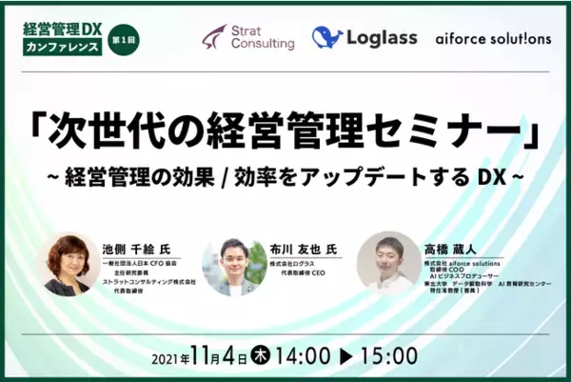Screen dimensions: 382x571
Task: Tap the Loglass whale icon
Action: (x=327, y=38)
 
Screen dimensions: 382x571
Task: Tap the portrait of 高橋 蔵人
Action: (x=387, y=261)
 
